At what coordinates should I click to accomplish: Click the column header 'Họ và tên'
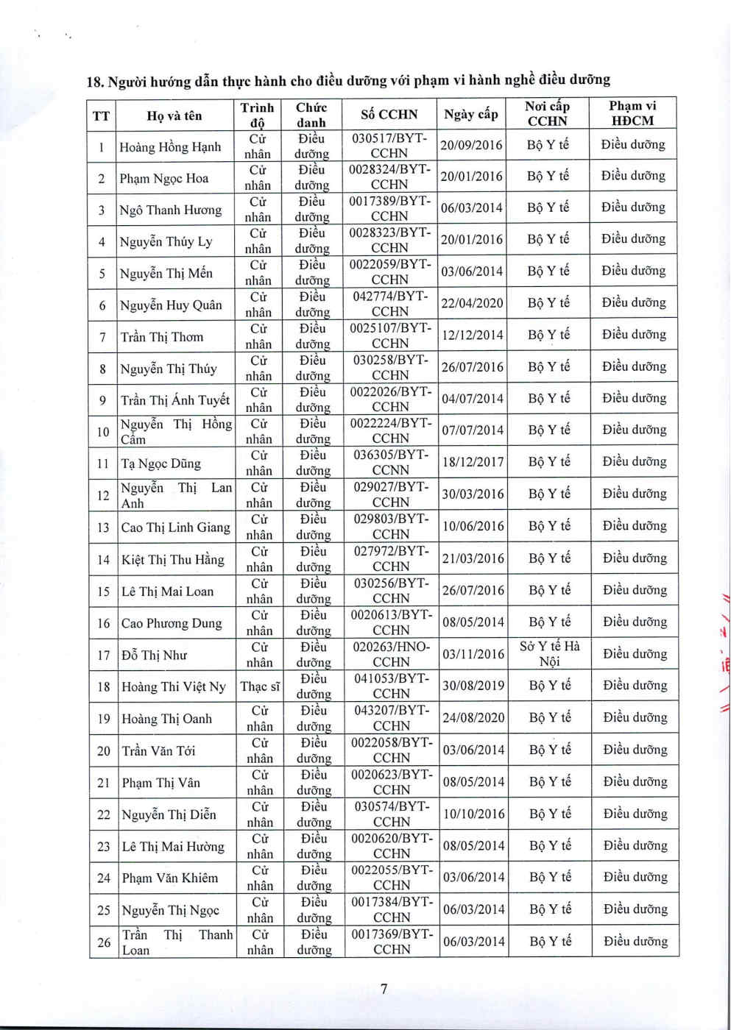(174, 116)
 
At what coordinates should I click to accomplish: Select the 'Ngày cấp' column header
(471, 114)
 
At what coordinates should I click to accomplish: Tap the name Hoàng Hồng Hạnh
(170, 147)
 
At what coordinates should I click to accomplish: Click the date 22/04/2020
(472, 303)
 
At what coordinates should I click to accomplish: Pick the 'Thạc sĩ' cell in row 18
(260, 686)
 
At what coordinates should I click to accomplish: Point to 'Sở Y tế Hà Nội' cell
(549, 654)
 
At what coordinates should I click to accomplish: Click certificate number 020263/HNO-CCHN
(391, 654)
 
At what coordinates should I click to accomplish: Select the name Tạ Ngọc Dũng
(160, 464)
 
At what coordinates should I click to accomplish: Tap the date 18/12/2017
(473, 462)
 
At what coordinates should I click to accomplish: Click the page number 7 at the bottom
(384, 989)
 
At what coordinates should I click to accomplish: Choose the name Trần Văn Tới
(158, 750)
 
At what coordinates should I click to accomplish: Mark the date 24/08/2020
(473, 717)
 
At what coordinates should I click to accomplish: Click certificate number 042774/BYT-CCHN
(389, 303)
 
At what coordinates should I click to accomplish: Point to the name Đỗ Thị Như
(154, 655)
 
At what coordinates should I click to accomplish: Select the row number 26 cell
(104, 942)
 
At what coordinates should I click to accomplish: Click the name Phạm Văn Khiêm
(170, 878)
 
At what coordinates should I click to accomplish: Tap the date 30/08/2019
(473, 686)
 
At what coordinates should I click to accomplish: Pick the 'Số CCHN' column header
(389, 114)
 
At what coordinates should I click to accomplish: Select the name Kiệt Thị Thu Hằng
(172, 560)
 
